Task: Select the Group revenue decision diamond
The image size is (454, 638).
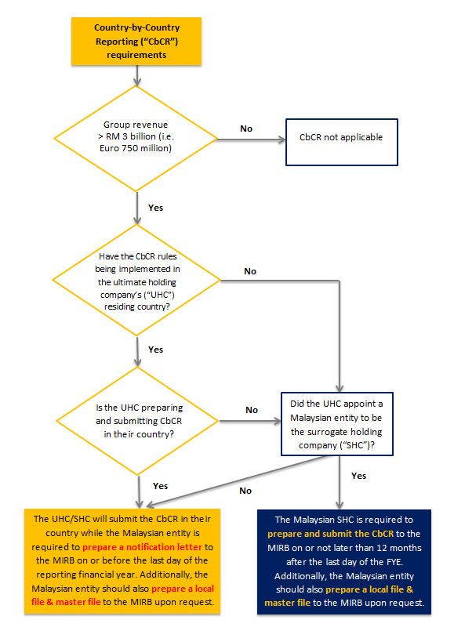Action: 137,136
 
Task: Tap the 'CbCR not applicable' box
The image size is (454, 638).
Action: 341,137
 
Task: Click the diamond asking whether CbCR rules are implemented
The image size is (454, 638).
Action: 137,280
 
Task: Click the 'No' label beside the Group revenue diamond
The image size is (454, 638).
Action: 245,129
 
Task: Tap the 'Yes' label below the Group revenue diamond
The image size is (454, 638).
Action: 155,208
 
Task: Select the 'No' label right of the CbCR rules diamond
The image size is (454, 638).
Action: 250,271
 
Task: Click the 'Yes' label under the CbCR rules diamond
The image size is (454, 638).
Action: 155,349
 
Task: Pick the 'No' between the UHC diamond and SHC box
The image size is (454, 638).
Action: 252,410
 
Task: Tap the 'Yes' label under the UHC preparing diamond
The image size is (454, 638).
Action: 160,486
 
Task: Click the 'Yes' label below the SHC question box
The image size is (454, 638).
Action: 358,476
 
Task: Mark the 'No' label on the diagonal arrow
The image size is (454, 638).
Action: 245,491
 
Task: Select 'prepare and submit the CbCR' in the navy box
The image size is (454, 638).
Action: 328,533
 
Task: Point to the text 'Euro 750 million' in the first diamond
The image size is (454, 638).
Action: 137,148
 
